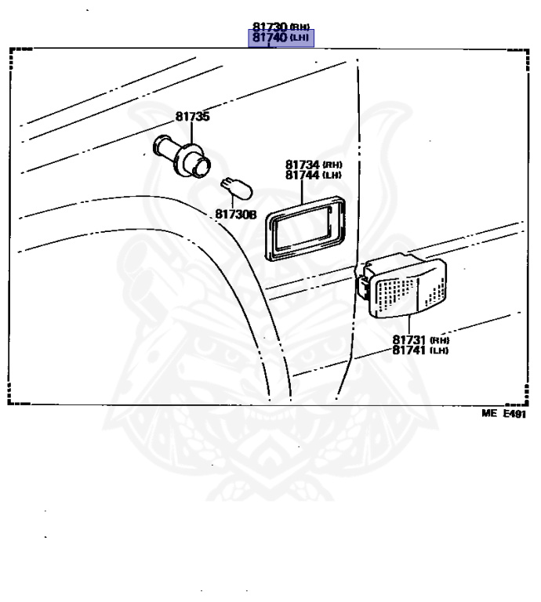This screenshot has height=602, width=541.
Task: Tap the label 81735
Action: click(x=192, y=117)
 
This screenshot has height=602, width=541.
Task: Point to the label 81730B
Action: click(x=236, y=213)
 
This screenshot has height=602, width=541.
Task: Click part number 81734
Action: click(x=302, y=165)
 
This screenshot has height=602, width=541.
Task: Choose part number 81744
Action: click(x=302, y=175)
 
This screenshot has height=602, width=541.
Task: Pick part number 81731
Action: click(x=409, y=340)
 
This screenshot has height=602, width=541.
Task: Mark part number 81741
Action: click(x=409, y=350)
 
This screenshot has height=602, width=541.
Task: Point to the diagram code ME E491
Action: click(x=503, y=414)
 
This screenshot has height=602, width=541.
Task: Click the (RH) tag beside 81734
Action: click(x=334, y=165)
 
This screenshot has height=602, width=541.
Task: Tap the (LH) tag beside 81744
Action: click(x=334, y=176)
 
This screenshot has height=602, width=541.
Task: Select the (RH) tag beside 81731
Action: click(x=440, y=341)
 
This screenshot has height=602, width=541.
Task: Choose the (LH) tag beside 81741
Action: click(x=440, y=351)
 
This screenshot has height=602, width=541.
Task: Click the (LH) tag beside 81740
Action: click(x=300, y=38)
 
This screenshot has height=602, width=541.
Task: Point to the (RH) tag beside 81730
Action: click(x=300, y=27)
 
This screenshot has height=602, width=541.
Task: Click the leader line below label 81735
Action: click(x=187, y=130)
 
